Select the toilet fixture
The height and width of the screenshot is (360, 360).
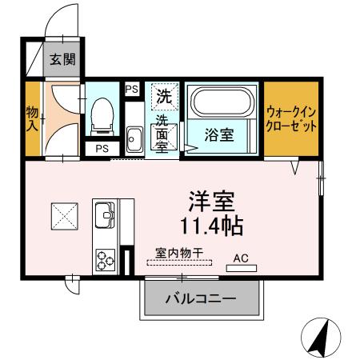point(102,117)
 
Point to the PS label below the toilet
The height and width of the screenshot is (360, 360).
point(102,149)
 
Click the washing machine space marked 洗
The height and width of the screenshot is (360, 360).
point(163,98)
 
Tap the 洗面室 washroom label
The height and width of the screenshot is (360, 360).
point(162,134)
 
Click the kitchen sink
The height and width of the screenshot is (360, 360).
point(106,214)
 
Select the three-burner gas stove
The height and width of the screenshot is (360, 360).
point(106,258)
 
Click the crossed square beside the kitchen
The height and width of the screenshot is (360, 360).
point(63,214)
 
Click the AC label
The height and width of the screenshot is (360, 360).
point(241,258)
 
